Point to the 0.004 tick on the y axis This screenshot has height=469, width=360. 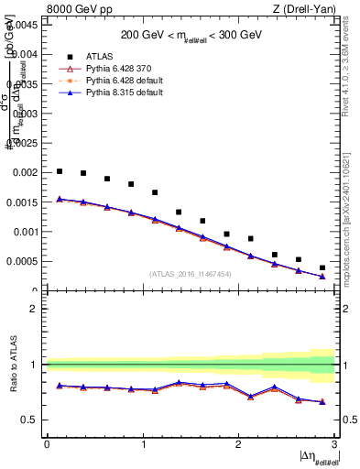tap(26, 55)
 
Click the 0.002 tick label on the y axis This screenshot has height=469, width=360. tap(26, 173)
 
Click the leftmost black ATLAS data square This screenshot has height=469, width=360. tap(60, 171)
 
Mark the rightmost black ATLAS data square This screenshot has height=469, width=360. tap(322, 267)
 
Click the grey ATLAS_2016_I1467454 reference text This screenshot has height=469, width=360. tap(191, 274)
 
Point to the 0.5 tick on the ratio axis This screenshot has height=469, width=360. tap(32, 420)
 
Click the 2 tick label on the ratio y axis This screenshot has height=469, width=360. tap(36, 309)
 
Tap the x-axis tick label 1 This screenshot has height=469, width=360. tap(143, 443)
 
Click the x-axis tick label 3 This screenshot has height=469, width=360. tap(334, 443)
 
